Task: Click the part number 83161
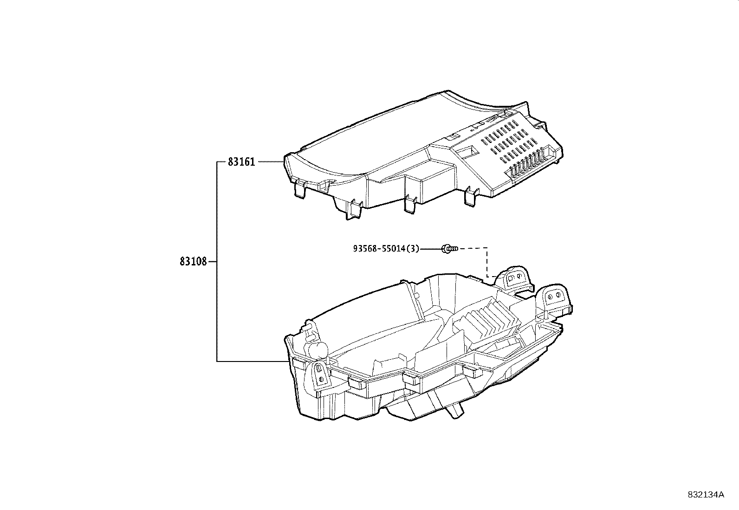pyautogui.click(x=241, y=162)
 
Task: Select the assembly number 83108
pyautogui.click(x=193, y=262)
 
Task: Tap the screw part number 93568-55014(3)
pyautogui.click(x=386, y=249)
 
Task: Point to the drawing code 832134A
pyautogui.click(x=706, y=494)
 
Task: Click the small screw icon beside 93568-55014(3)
pyautogui.click(x=449, y=249)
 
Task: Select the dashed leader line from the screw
pyautogui.click(x=486, y=262)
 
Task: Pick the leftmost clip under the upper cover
pyautogui.click(x=300, y=190)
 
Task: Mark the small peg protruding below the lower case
pyautogui.click(x=456, y=410)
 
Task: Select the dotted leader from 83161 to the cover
pyautogui.click(x=270, y=161)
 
